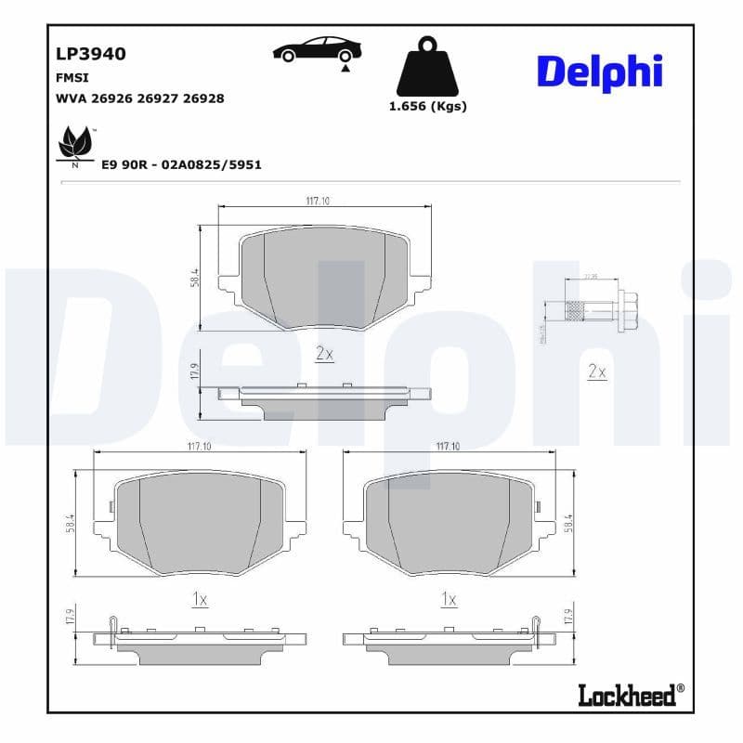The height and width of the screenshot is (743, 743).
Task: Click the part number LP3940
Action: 91,53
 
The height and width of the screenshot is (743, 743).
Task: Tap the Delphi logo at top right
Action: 599,72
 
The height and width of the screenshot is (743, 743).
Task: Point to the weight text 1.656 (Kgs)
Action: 427,106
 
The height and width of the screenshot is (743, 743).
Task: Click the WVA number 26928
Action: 203,98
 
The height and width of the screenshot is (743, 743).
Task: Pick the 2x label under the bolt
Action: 596,371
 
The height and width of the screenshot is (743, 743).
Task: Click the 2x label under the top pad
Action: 324,353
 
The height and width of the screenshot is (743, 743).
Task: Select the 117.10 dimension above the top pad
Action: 319,201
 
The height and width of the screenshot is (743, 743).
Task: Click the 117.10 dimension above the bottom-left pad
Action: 199,447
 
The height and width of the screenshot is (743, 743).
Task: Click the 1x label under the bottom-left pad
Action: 199,600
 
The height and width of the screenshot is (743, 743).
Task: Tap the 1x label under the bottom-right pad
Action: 449,600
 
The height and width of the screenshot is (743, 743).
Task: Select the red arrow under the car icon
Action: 345,68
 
